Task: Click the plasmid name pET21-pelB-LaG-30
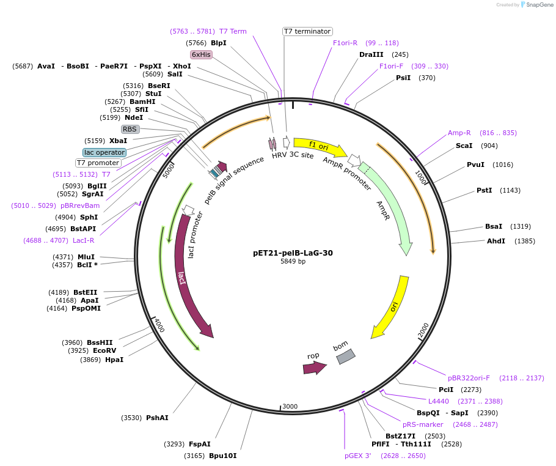(293, 253)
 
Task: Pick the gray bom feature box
(345, 357)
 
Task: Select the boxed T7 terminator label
(307, 31)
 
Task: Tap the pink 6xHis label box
(201, 54)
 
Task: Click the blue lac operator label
(104, 152)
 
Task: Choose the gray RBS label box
(130, 129)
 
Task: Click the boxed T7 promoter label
(98, 163)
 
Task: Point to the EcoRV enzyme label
(104, 350)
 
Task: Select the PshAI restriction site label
(157, 418)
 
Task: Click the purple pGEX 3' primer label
(357, 456)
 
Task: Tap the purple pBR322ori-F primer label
(469, 378)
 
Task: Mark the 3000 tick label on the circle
(290, 407)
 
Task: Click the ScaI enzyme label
(464, 146)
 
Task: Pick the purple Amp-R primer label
(459, 133)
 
